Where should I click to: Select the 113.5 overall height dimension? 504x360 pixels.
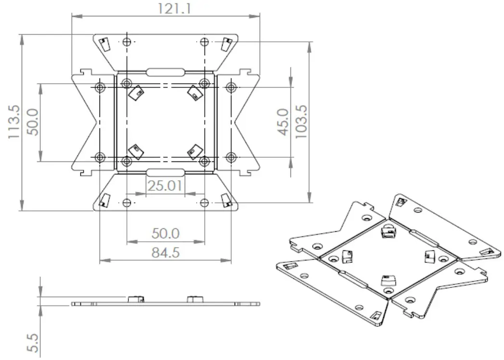14,123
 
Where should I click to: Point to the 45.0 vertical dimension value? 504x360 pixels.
284,122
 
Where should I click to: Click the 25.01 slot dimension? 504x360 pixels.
164,186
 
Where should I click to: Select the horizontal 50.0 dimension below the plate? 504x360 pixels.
165,234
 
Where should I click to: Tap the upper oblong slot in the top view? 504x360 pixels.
165,72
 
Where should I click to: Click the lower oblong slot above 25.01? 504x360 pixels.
165,173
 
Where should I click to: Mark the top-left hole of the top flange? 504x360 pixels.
126,41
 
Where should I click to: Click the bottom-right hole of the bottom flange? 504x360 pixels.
204,202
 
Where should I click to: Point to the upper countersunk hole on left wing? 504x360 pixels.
100,87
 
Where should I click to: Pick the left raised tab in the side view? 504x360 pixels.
136,299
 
